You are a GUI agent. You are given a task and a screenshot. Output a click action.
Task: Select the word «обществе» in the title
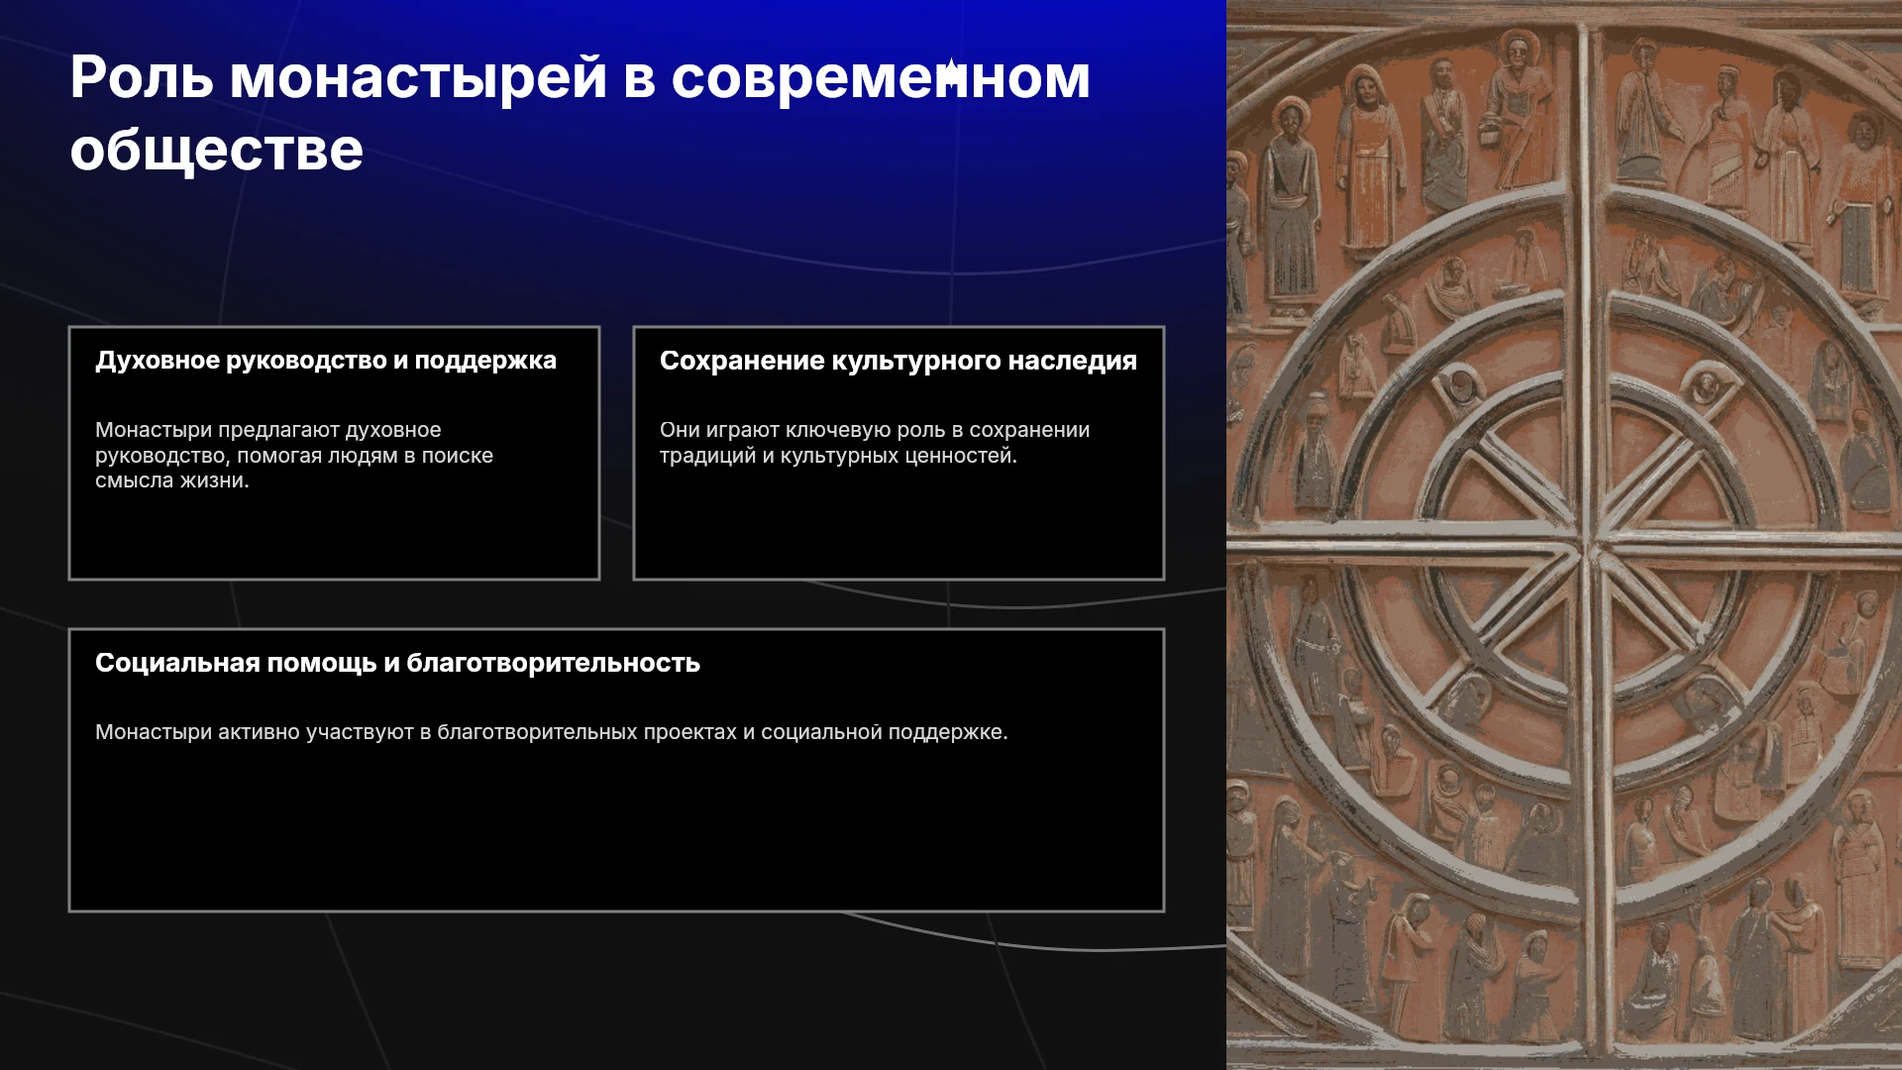click(x=217, y=150)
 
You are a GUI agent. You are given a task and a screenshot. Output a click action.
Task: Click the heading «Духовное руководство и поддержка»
click(x=326, y=361)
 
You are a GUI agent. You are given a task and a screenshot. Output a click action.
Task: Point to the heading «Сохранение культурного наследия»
click(x=898, y=361)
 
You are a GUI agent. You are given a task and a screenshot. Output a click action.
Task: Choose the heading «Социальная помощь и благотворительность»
click(x=397, y=663)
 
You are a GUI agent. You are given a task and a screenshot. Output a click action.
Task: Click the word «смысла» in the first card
click(x=134, y=481)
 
